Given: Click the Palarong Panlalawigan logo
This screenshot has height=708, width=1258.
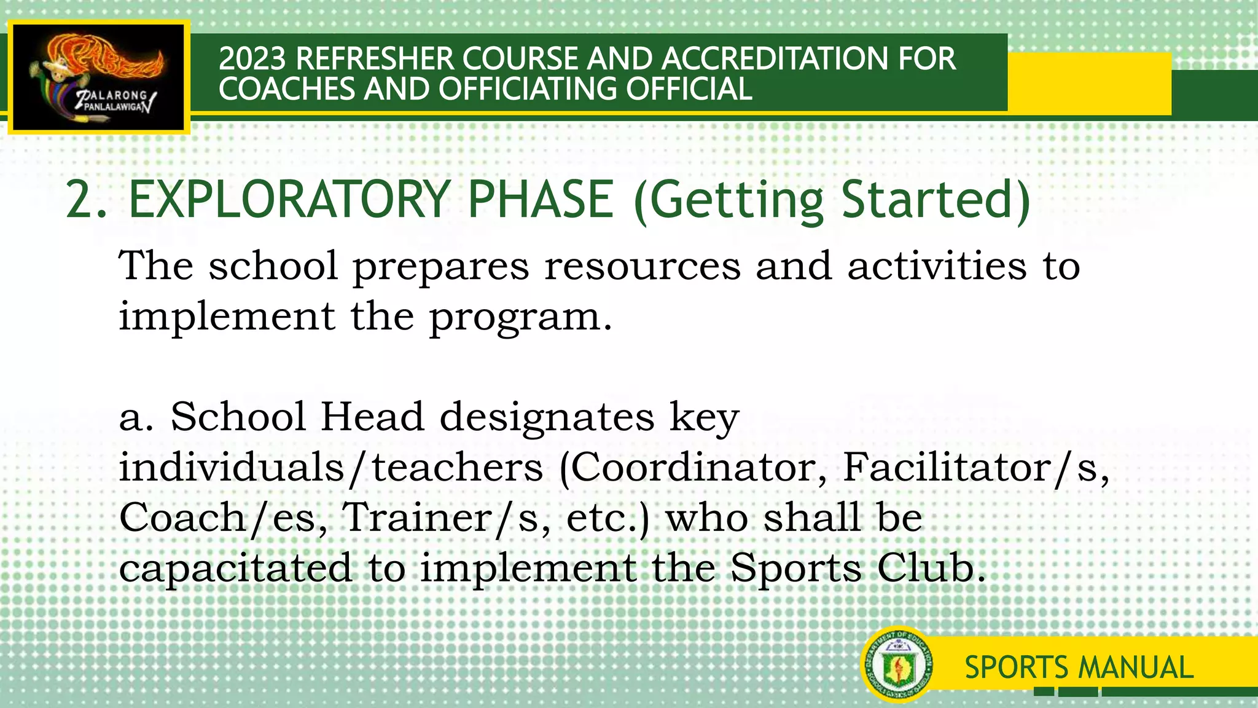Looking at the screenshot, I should pyautogui.click(x=99, y=77).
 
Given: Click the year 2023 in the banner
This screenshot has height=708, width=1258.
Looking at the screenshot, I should pyautogui.click(x=252, y=59).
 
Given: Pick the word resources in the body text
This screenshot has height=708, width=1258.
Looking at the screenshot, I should pyautogui.click(x=643, y=266).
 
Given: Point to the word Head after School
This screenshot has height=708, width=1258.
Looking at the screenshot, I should pyautogui.click(x=372, y=417).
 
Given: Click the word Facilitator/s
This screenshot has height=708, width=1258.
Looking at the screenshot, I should pyautogui.click(x=975, y=468).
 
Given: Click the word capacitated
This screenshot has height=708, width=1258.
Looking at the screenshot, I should pyautogui.click(x=235, y=568).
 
